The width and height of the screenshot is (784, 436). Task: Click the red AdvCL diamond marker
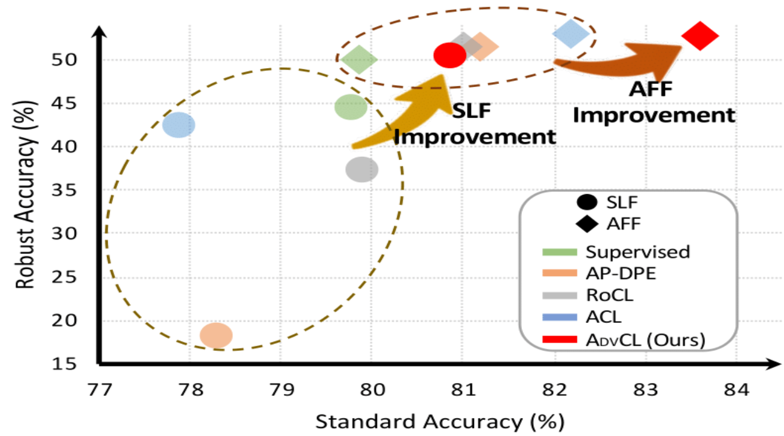(700, 36)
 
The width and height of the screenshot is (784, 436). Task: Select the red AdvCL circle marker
(449, 55)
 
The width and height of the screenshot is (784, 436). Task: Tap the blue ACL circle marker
(178, 125)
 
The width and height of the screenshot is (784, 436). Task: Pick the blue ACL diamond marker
(571, 34)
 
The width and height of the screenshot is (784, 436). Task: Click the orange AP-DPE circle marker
(216, 335)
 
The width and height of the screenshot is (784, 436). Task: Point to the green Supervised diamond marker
(359, 59)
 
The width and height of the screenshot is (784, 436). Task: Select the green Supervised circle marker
(351, 107)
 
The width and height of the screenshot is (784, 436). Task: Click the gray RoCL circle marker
(361, 169)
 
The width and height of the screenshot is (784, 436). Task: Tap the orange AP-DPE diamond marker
(481, 47)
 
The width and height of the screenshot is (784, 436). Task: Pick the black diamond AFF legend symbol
(587, 224)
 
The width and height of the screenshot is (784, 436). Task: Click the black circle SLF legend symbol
(587, 202)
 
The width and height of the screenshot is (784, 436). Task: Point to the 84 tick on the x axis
(736, 390)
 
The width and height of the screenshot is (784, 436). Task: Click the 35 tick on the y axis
(64, 190)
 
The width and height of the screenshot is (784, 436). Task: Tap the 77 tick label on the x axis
(100, 390)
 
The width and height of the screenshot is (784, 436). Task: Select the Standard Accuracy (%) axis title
(440, 422)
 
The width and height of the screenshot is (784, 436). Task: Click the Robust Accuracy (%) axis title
(25, 195)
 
